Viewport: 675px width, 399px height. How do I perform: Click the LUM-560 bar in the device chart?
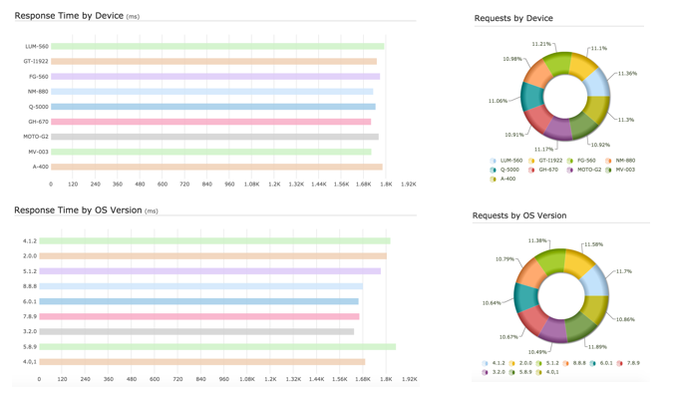217,46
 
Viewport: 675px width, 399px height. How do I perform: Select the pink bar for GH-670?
210,122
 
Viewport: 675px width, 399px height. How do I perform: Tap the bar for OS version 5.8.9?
217,347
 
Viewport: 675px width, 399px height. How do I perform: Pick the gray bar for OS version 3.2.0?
196,332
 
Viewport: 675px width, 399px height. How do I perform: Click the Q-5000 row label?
38,107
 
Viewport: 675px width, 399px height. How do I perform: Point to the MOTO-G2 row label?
35,137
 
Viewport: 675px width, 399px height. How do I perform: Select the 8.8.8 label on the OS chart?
30,286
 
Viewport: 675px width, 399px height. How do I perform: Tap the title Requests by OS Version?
518,215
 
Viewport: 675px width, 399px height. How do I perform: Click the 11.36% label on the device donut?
627,74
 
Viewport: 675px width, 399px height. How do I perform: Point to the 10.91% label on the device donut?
513,135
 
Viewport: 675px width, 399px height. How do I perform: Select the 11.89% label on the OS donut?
597,347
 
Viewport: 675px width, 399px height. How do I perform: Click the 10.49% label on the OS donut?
537,352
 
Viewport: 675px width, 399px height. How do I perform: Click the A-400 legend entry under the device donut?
507,179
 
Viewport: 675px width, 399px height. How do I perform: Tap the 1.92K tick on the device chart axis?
408,185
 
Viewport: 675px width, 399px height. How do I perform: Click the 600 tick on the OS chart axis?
155,379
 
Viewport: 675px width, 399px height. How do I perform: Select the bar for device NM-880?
211,92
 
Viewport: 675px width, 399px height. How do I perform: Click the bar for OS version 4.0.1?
202,362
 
